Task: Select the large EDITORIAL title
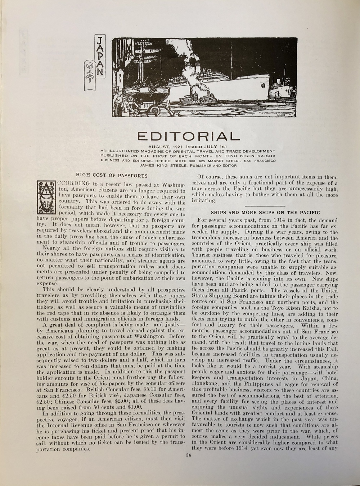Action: (189, 136)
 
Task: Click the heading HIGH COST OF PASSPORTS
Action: (112, 176)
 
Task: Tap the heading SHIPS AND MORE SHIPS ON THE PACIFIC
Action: (265, 213)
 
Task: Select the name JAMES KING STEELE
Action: (161, 165)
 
